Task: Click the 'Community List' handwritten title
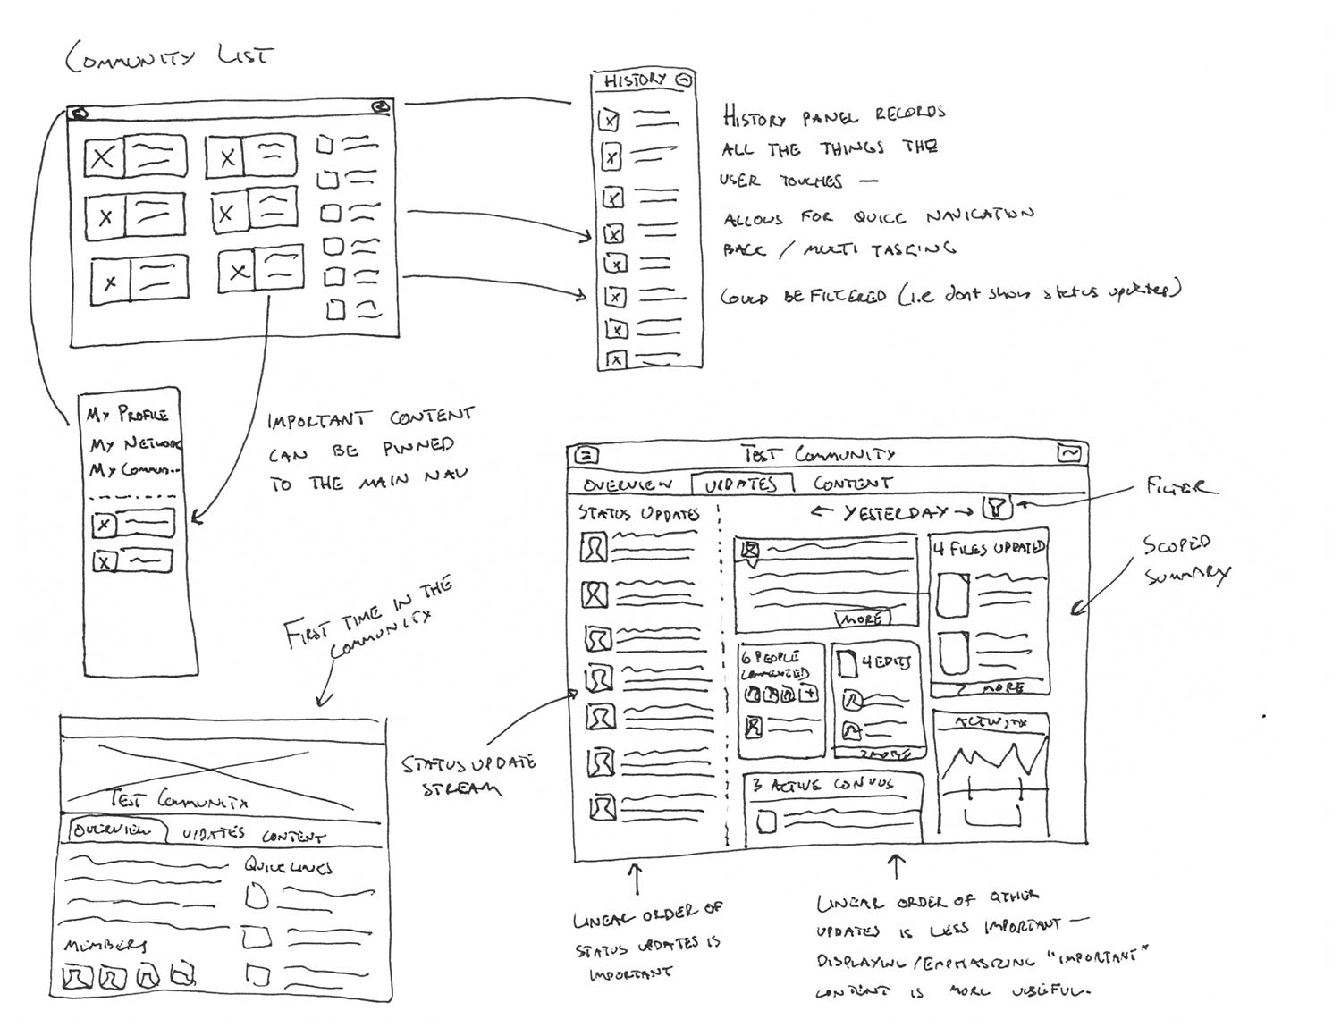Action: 167,56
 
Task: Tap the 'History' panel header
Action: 636,80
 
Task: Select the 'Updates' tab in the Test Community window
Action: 741,484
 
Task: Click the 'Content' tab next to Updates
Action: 852,484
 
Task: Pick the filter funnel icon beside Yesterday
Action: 996,510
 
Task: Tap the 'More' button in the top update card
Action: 862,618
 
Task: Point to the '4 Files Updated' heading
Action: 989,548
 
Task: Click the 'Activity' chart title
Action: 991,722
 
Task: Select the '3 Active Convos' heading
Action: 822,785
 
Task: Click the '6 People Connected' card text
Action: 775,665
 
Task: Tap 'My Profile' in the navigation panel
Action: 127,415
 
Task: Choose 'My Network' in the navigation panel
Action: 134,443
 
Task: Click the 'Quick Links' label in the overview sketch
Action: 288,866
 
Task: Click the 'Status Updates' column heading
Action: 637,514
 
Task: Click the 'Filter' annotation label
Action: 1181,487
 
